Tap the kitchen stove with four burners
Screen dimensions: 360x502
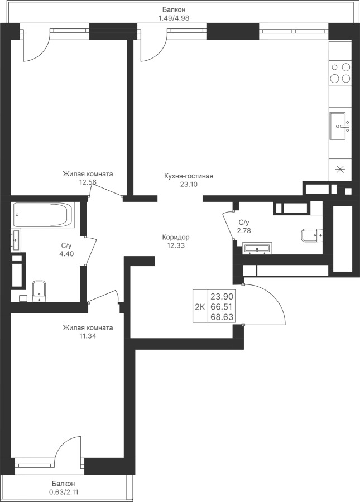click(x=340, y=73)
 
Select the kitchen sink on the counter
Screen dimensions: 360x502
click(x=340, y=126)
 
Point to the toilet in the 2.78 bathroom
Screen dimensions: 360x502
click(x=311, y=235)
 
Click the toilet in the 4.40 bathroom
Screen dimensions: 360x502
click(x=40, y=291)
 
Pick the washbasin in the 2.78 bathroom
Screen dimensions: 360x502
click(x=257, y=248)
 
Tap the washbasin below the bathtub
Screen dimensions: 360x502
click(x=16, y=239)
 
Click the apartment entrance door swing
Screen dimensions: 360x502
click(x=264, y=304)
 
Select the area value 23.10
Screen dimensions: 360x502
click(x=189, y=184)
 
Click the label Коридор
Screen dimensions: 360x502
click(x=176, y=237)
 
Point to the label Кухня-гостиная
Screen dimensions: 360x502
click(x=189, y=176)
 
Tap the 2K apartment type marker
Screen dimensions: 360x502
click(x=200, y=307)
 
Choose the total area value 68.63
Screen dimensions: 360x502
click(x=222, y=317)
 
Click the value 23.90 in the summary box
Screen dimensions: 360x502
click(x=222, y=296)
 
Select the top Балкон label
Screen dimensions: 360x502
click(x=174, y=10)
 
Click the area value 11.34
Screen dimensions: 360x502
click(x=88, y=336)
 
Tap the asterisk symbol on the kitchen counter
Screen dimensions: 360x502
click(x=340, y=169)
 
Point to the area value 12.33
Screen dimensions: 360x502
click(x=176, y=245)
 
